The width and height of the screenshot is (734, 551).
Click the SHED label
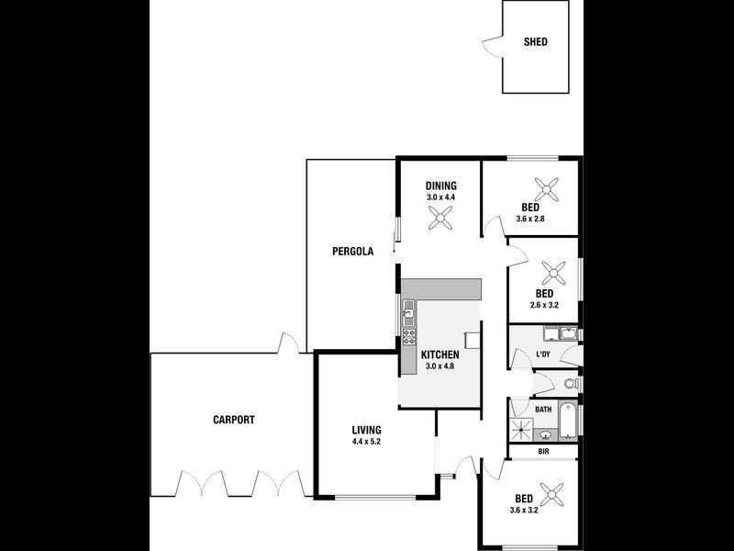pyautogui.click(x=535, y=41)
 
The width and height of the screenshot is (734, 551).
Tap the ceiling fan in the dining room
pyautogui.click(x=440, y=218)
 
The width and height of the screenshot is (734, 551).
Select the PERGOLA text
pyautogui.click(x=352, y=251)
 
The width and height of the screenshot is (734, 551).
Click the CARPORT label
pyautogui.click(x=233, y=420)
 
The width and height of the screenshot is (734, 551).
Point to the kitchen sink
pyautogui.click(x=407, y=315)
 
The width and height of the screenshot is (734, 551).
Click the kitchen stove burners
pyautogui.click(x=407, y=337)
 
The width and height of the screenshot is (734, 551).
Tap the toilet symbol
pyautogui.click(x=570, y=384)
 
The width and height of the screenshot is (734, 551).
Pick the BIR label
pyautogui.click(x=543, y=451)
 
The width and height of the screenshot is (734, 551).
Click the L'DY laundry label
pyautogui.click(x=543, y=354)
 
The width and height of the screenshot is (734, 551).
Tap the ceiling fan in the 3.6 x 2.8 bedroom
pyautogui.click(x=550, y=188)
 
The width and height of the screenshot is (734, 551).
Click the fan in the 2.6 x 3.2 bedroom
pyautogui.click(x=553, y=272)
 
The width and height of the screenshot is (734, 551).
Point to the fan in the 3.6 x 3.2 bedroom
pyautogui.click(x=554, y=494)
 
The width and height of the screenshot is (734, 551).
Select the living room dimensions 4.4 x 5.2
pyautogui.click(x=366, y=441)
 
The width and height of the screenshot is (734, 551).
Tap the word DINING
pyautogui.click(x=440, y=186)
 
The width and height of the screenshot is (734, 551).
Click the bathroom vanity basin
pyautogui.click(x=547, y=435)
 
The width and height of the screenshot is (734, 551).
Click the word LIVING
pyautogui.click(x=366, y=430)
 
